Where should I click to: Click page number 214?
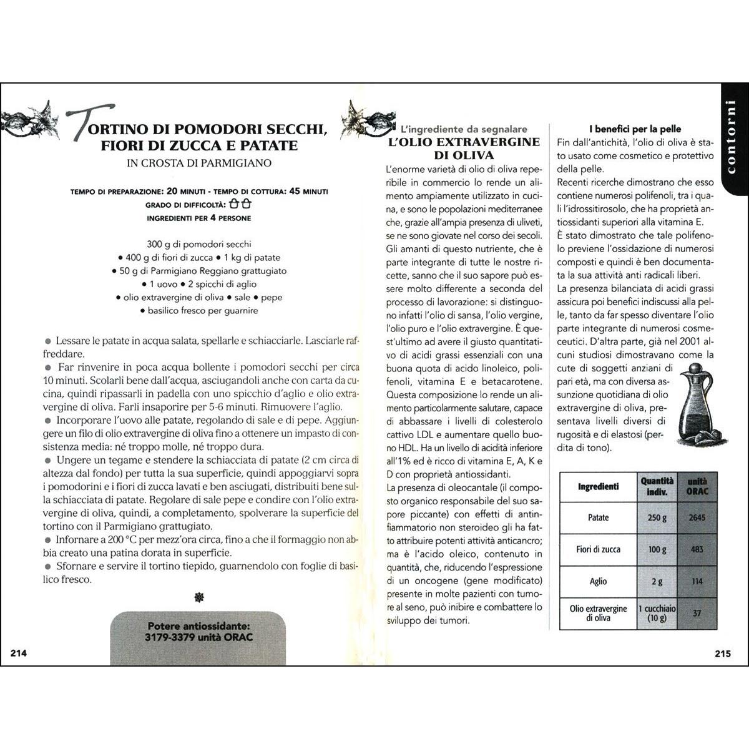pyautogui.click(x=18, y=654)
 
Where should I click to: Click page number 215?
pyautogui.click(x=722, y=654)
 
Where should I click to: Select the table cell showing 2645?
pyautogui.click(x=697, y=517)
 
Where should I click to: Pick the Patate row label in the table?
pyautogui.click(x=598, y=517)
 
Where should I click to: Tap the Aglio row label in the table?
pyautogui.click(x=598, y=581)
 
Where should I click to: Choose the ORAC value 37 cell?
pyautogui.click(x=697, y=613)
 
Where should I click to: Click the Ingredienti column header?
pyautogui.click(x=598, y=486)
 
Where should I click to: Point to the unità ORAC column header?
pyautogui.click(x=697, y=486)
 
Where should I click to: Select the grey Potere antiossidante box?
pyautogui.click(x=198, y=631)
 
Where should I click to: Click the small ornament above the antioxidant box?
pyautogui.click(x=199, y=598)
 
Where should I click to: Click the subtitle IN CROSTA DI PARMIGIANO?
pyautogui.click(x=199, y=164)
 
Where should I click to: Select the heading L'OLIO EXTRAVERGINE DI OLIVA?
pyautogui.click(x=464, y=148)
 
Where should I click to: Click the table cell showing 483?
pyautogui.click(x=697, y=549)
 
